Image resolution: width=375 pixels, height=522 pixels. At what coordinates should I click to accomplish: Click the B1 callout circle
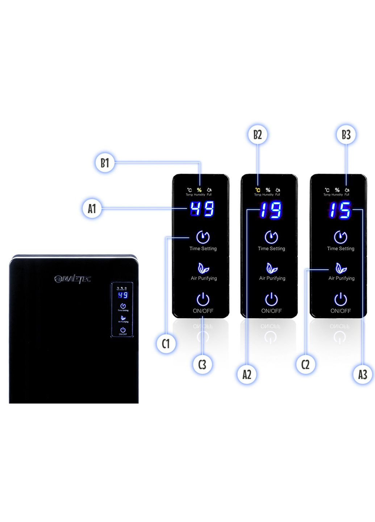click(105, 163)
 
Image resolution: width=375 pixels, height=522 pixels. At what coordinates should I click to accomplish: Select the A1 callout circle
click(92, 208)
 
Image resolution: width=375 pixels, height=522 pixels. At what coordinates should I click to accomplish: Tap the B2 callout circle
click(258, 134)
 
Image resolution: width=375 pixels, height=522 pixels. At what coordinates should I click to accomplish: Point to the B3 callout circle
click(346, 134)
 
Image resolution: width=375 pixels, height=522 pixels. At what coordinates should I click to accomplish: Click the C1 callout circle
click(166, 343)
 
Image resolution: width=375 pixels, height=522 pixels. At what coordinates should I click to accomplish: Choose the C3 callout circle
click(202, 364)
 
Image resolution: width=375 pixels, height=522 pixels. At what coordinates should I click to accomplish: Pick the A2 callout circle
click(247, 374)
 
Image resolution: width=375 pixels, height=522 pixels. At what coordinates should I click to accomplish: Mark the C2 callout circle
click(305, 364)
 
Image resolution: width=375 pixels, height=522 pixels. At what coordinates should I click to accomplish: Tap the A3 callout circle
click(362, 374)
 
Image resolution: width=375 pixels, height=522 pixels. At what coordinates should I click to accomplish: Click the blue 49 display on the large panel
click(202, 209)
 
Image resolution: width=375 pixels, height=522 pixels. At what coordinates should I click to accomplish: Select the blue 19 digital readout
click(271, 210)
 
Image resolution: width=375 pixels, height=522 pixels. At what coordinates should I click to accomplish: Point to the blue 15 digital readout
click(340, 210)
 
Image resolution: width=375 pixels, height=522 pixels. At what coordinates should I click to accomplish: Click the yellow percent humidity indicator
click(199, 190)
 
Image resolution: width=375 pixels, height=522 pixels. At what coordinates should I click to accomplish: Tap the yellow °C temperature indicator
click(258, 190)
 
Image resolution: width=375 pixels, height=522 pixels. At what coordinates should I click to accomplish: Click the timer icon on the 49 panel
click(203, 237)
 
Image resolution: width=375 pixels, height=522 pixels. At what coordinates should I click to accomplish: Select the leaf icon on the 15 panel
click(341, 268)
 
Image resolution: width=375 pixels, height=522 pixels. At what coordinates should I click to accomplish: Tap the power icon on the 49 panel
click(203, 299)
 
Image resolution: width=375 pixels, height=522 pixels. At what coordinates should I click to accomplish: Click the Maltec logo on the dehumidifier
click(72, 279)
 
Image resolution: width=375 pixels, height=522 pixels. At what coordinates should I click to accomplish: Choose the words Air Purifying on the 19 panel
click(272, 278)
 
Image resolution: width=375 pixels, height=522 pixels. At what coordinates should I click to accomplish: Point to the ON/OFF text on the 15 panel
click(341, 311)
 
